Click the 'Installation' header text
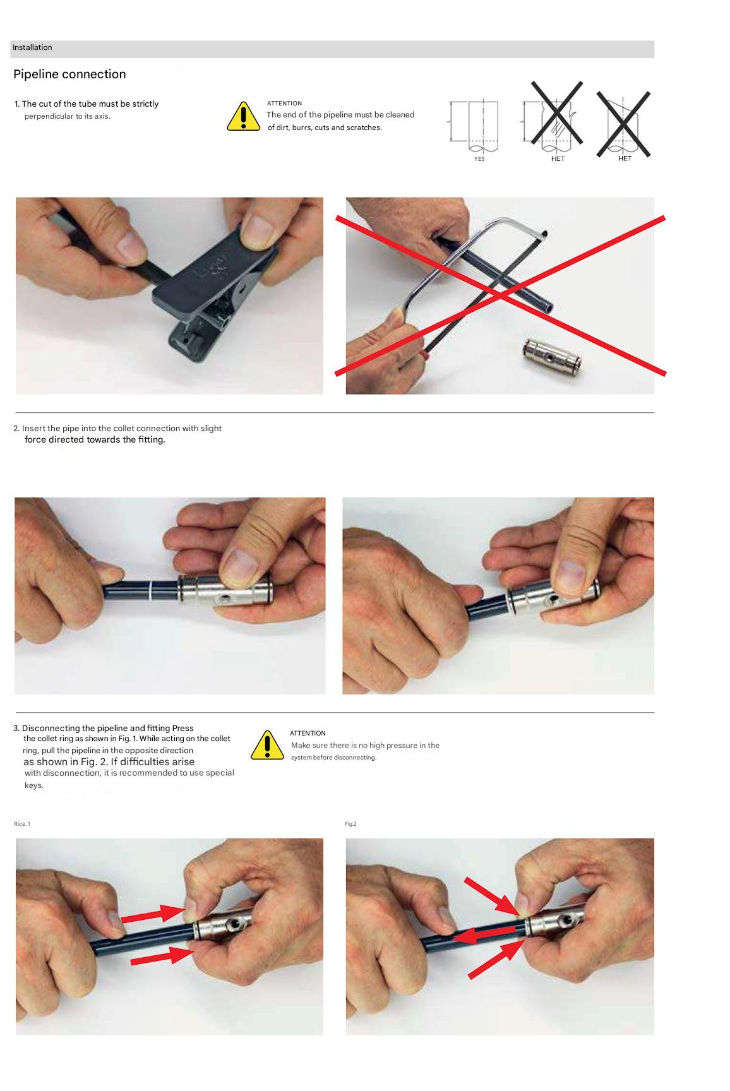click(32, 47)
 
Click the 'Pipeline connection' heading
click(69, 74)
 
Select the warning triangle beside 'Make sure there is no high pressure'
click(267, 745)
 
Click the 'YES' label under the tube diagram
click(479, 159)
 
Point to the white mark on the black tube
click(151, 591)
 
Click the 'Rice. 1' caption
click(22, 824)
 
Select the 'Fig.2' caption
click(350, 824)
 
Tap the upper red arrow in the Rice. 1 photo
click(152, 914)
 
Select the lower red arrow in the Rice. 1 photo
click(162, 957)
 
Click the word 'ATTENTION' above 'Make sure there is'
click(308, 733)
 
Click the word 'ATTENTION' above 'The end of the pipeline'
click(284, 103)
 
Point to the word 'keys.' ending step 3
click(34, 785)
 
